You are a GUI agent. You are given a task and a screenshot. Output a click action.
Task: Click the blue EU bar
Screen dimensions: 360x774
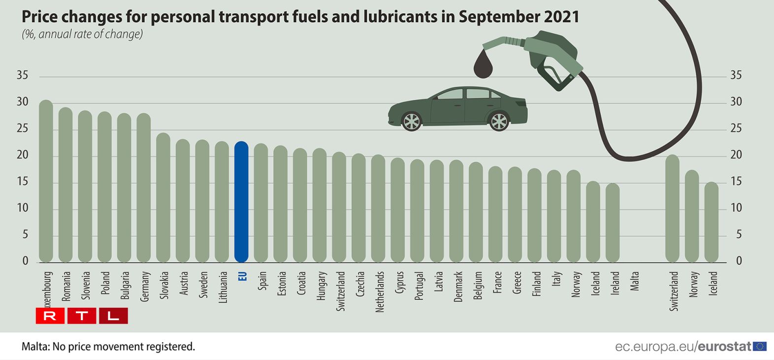click(241, 202)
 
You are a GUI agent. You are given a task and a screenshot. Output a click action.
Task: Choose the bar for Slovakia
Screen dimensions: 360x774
click(163, 197)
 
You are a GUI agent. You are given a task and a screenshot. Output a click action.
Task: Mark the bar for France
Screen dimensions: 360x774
click(495, 214)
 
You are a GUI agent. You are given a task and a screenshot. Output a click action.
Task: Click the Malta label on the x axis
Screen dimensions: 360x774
click(635, 281)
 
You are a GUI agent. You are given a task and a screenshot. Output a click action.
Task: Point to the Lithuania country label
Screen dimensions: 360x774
click(223, 287)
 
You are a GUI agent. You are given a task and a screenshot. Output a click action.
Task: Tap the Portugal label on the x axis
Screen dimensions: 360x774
click(419, 286)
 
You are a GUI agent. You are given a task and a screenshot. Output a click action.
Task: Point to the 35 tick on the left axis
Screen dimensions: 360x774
click(23, 75)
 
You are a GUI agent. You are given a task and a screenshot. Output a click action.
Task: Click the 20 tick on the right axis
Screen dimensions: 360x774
click(736, 155)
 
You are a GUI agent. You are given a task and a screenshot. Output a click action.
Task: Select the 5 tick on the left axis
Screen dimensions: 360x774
click(25, 234)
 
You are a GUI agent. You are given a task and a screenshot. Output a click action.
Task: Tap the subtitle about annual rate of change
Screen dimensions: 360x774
click(82, 34)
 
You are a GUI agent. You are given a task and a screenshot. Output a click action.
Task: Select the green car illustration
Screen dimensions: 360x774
click(457, 109)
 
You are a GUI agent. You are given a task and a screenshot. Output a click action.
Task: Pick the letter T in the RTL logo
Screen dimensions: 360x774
click(82, 316)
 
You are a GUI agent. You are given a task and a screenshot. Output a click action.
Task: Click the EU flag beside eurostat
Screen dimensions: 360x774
click(760, 346)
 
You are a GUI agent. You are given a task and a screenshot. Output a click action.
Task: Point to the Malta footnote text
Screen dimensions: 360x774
click(108, 347)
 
